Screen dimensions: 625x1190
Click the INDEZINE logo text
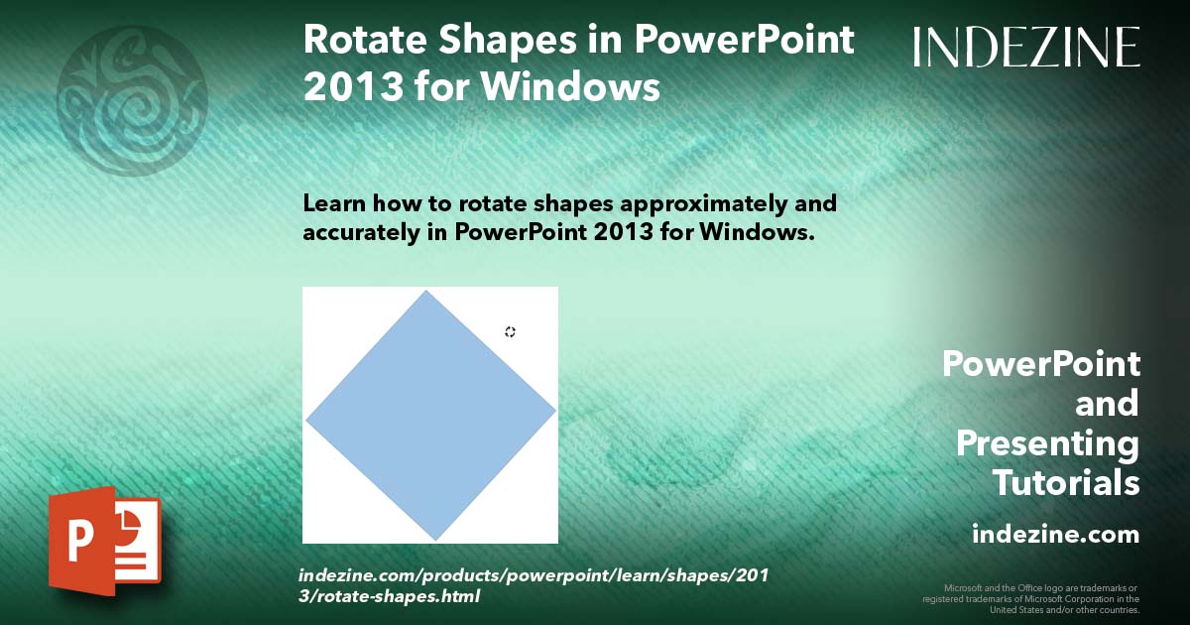1026,47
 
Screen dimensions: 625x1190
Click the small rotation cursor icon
510,331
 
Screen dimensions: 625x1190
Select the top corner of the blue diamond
426,292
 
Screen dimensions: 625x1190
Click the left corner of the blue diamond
307,421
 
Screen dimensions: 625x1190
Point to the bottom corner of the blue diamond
435,539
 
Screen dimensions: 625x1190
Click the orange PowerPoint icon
104,541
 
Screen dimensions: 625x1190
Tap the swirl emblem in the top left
132,100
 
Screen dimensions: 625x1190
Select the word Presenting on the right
1047,443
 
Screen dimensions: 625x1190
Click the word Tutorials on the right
1065,483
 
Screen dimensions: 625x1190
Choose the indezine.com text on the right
1055,535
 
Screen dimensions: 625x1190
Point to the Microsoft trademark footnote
1031,598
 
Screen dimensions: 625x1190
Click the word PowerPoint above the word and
1040,364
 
